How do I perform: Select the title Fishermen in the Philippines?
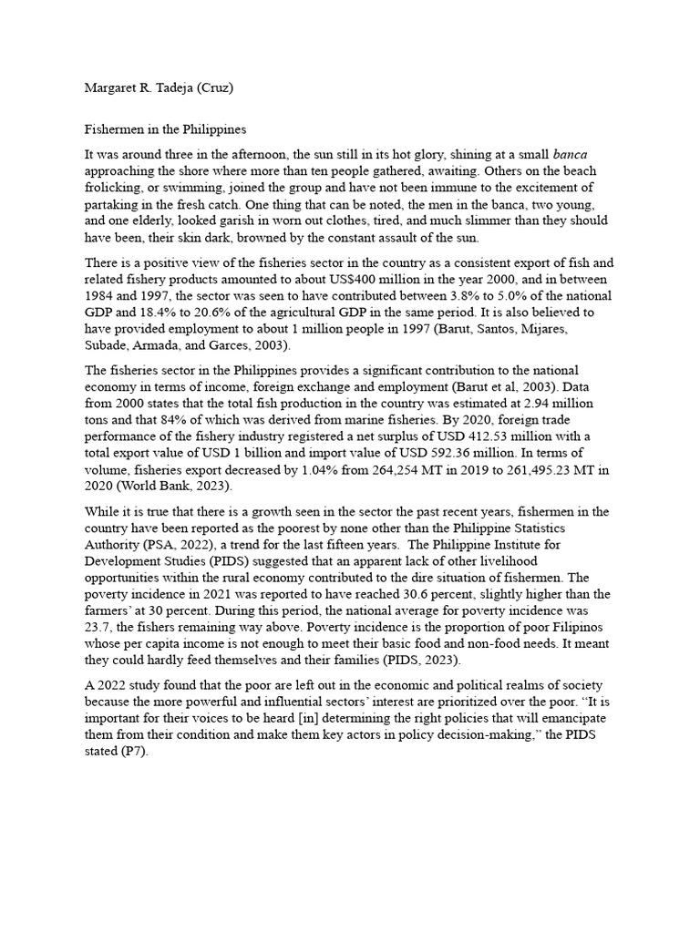click(x=160, y=130)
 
